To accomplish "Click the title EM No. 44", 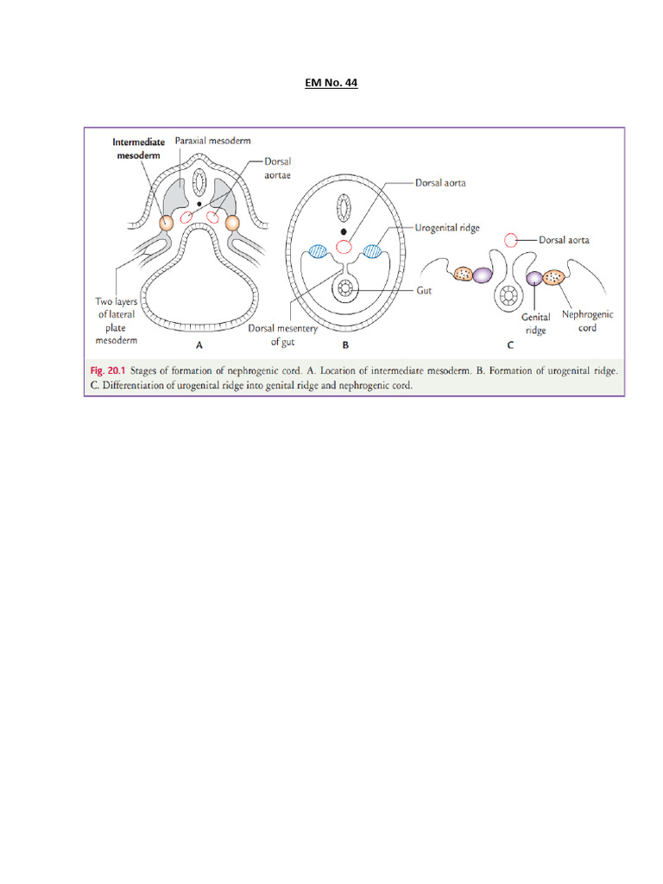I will pyautogui.click(x=331, y=83).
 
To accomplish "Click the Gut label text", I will pyautogui.click(x=424, y=292).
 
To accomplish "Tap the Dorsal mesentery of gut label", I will pyautogui.click(x=282, y=335).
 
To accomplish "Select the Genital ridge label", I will pyautogui.click(x=535, y=324).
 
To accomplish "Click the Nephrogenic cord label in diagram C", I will pyautogui.click(x=587, y=320).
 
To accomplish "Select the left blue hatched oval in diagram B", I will pyautogui.click(x=317, y=251).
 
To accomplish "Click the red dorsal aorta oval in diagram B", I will pyautogui.click(x=344, y=248).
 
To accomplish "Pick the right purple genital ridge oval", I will pyautogui.click(x=535, y=277).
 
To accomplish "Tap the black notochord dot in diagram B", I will pyautogui.click(x=344, y=232).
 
